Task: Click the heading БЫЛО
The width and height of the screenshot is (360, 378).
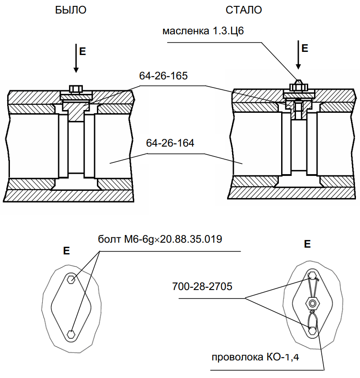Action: click(x=70, y=10)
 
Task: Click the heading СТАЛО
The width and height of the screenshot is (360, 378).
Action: click(x=244, y=10)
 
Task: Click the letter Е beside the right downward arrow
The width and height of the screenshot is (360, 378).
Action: click(x=305, y=48)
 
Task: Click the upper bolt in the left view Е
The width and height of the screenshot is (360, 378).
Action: click(x=71, y=279)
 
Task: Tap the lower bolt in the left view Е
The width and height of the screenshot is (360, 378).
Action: click(x=71, y=334)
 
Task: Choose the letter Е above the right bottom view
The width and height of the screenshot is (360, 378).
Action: click(x=308, y=244)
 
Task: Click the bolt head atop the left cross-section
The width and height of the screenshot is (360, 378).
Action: click(x=75, y=88)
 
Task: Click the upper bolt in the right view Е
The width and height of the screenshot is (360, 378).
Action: click(x=311, y=276)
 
